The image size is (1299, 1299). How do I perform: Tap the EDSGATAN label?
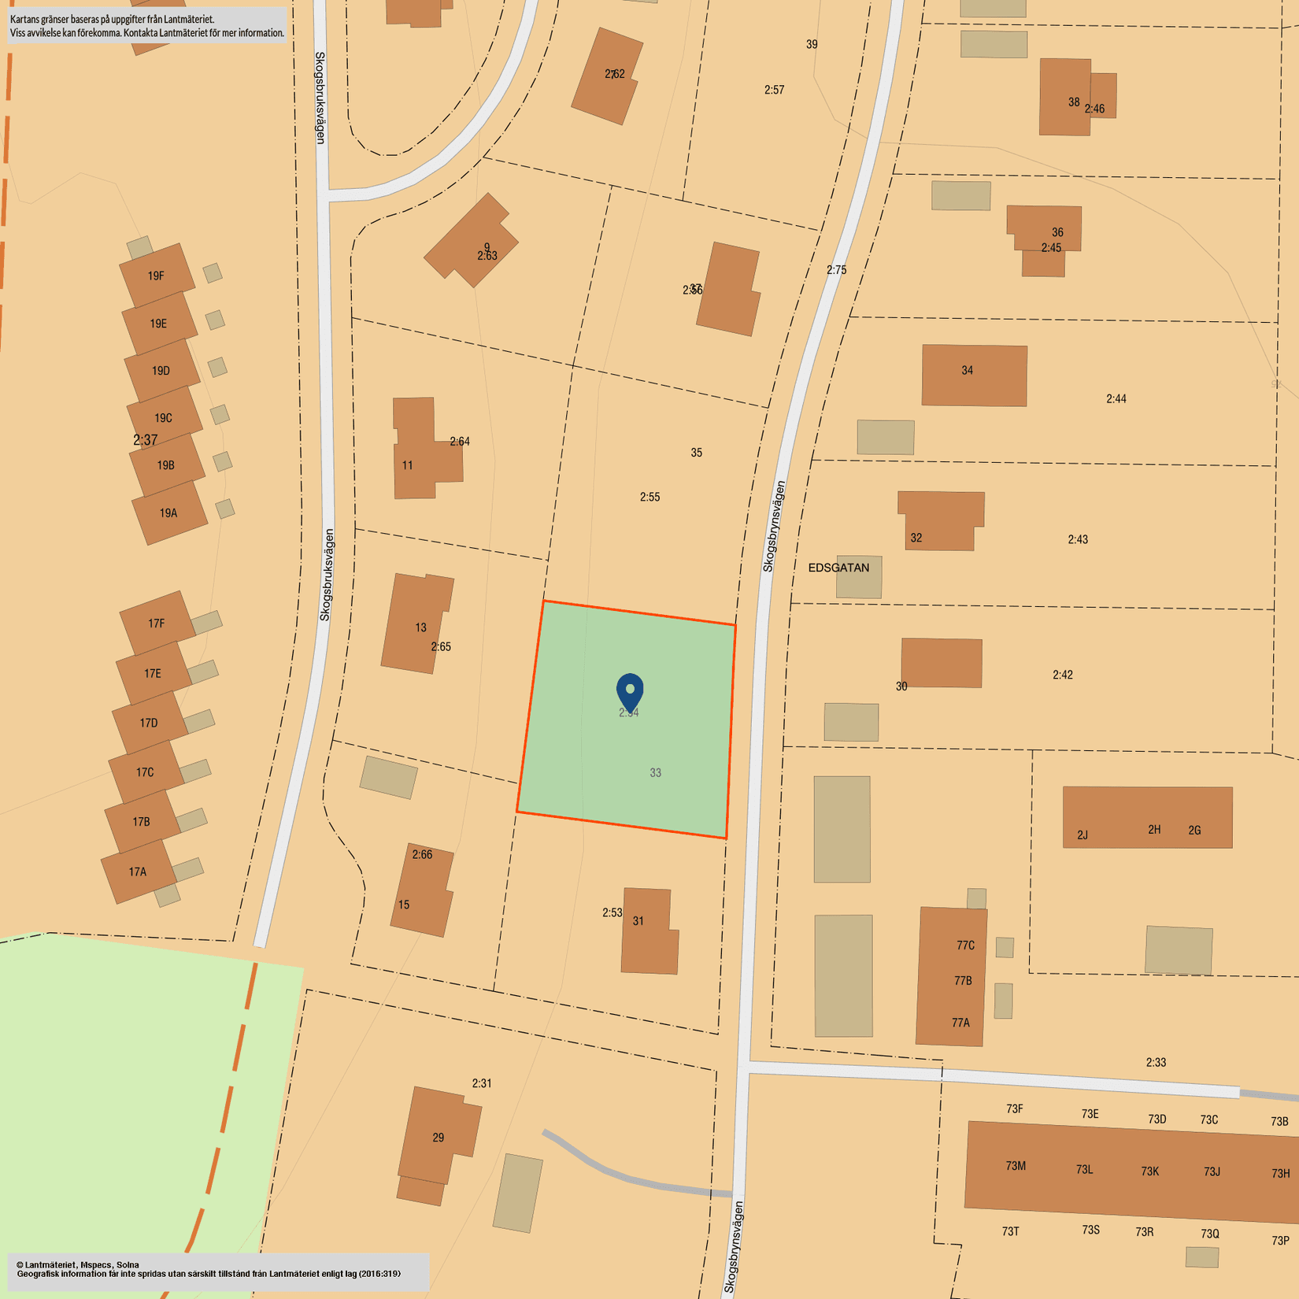coord(838,568)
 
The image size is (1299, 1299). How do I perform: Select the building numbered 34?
coord(974,376)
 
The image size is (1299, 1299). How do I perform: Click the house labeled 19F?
coord(157,276)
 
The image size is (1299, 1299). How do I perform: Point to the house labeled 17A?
coord(138,872)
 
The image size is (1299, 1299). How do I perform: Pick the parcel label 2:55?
coord(649,497)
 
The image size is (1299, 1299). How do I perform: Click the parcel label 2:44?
coord(1116,399)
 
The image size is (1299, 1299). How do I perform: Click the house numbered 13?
coord(416,624)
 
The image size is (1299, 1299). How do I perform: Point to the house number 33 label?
coord(655,773)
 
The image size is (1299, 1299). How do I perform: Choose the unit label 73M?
coord(1016,1166)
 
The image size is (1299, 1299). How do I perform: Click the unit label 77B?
coord(963,981)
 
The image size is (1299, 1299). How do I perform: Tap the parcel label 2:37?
coord(146,440)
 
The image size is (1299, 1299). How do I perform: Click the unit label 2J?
coord(1082,835)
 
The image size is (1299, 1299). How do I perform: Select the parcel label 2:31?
coord(482,1083)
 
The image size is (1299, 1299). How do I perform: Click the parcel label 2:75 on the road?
coord(836,270)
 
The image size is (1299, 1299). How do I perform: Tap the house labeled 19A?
coord(168,513)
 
